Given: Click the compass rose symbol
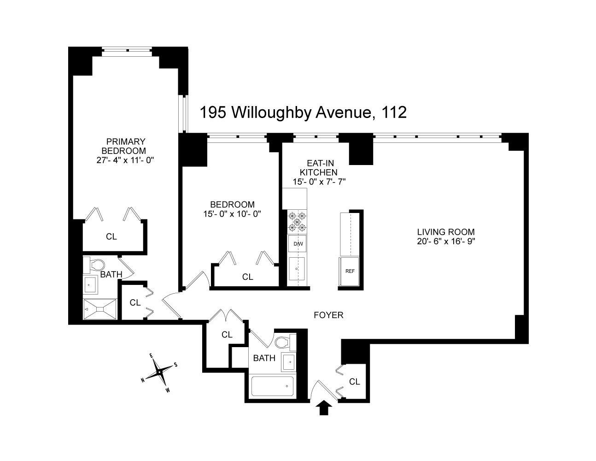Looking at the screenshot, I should click(159, 372).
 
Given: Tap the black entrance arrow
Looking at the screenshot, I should click(325, 407).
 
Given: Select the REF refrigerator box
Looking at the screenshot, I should click(350, 271).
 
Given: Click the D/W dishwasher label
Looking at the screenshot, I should click(297, 244).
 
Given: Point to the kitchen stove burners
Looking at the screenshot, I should click(297, 222).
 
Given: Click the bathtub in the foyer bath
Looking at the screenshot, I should click(272, 386).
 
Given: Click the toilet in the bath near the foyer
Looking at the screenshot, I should click(283, 342).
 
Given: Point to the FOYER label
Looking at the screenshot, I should click(328, 315).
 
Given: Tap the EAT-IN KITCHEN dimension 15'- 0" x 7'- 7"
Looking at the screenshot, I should click(319, 182).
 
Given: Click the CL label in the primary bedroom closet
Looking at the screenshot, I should click(111, 236).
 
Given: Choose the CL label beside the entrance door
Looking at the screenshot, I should click(354, 382).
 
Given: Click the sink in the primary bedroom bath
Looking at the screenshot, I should click(90, 285).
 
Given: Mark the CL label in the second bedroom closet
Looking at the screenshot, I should click(248, 277).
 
